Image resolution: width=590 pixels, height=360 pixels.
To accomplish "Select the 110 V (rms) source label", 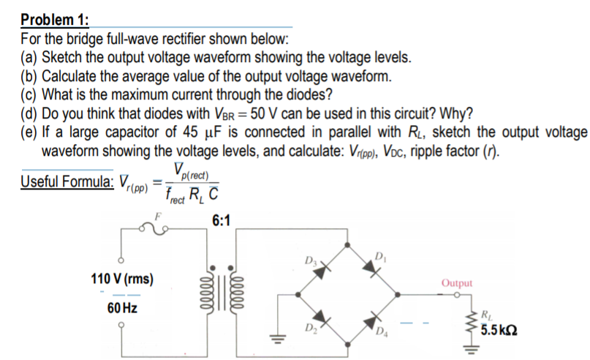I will (119, 281).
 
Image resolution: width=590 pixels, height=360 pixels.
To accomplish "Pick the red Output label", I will (458, 282).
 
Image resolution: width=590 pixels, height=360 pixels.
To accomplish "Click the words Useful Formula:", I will (67, 181).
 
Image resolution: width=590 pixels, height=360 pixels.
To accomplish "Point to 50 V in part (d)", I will (255, 113).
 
